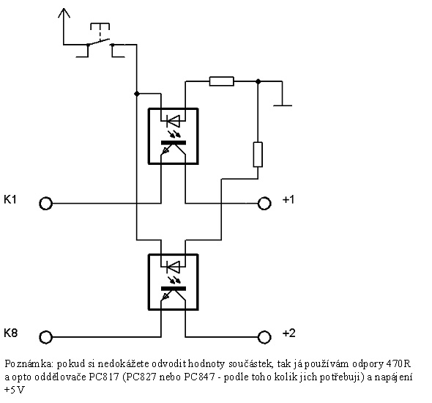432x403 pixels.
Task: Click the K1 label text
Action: point(10,199)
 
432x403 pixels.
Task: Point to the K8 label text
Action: point(11,333)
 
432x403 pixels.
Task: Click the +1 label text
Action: point(288,199)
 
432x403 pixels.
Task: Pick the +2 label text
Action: point(289,333)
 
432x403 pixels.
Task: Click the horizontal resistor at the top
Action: point(222,81)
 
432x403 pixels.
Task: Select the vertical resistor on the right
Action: point(258,155)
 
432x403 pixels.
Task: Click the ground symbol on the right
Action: point(283,105)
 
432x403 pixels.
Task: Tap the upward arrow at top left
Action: point(64,26)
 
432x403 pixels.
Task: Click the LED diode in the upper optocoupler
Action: point(173,121)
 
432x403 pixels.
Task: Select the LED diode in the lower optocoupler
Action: point(173,267)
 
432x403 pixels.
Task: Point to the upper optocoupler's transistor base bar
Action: point(174,142)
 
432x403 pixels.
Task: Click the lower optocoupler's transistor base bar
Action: point(174,289)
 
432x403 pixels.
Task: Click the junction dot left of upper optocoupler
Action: point(137,94)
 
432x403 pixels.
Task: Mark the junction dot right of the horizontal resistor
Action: point(258,81)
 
